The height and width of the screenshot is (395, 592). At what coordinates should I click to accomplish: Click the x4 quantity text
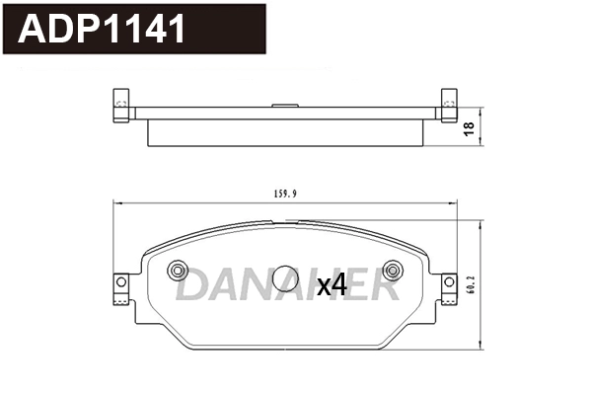[x=332, y=286]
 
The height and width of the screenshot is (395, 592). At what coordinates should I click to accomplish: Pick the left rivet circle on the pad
[x=179, y=270]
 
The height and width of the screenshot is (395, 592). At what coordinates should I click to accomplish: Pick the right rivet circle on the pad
[x=392, y=270]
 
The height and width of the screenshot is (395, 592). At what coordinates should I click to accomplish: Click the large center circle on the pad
[x=285, y=279]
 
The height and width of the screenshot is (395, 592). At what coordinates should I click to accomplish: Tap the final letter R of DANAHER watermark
[x=383, y=286]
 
